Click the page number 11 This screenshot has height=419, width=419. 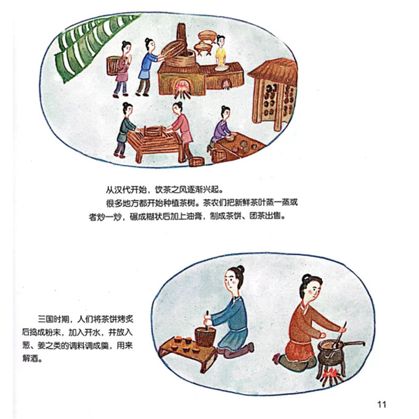click(x=381, y=404)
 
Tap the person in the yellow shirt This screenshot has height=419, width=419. click(x=221, y=51)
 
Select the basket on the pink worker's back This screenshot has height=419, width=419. click(x=112, y=65)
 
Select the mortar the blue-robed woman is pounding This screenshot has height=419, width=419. click(x=205, y=336)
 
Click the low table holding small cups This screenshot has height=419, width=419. click(x=188, y=353)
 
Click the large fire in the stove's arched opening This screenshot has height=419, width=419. click(x=182, y=89)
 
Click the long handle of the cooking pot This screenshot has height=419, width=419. click(x=353, y=343)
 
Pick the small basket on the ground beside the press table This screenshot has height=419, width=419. click(x=197, y=161)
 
